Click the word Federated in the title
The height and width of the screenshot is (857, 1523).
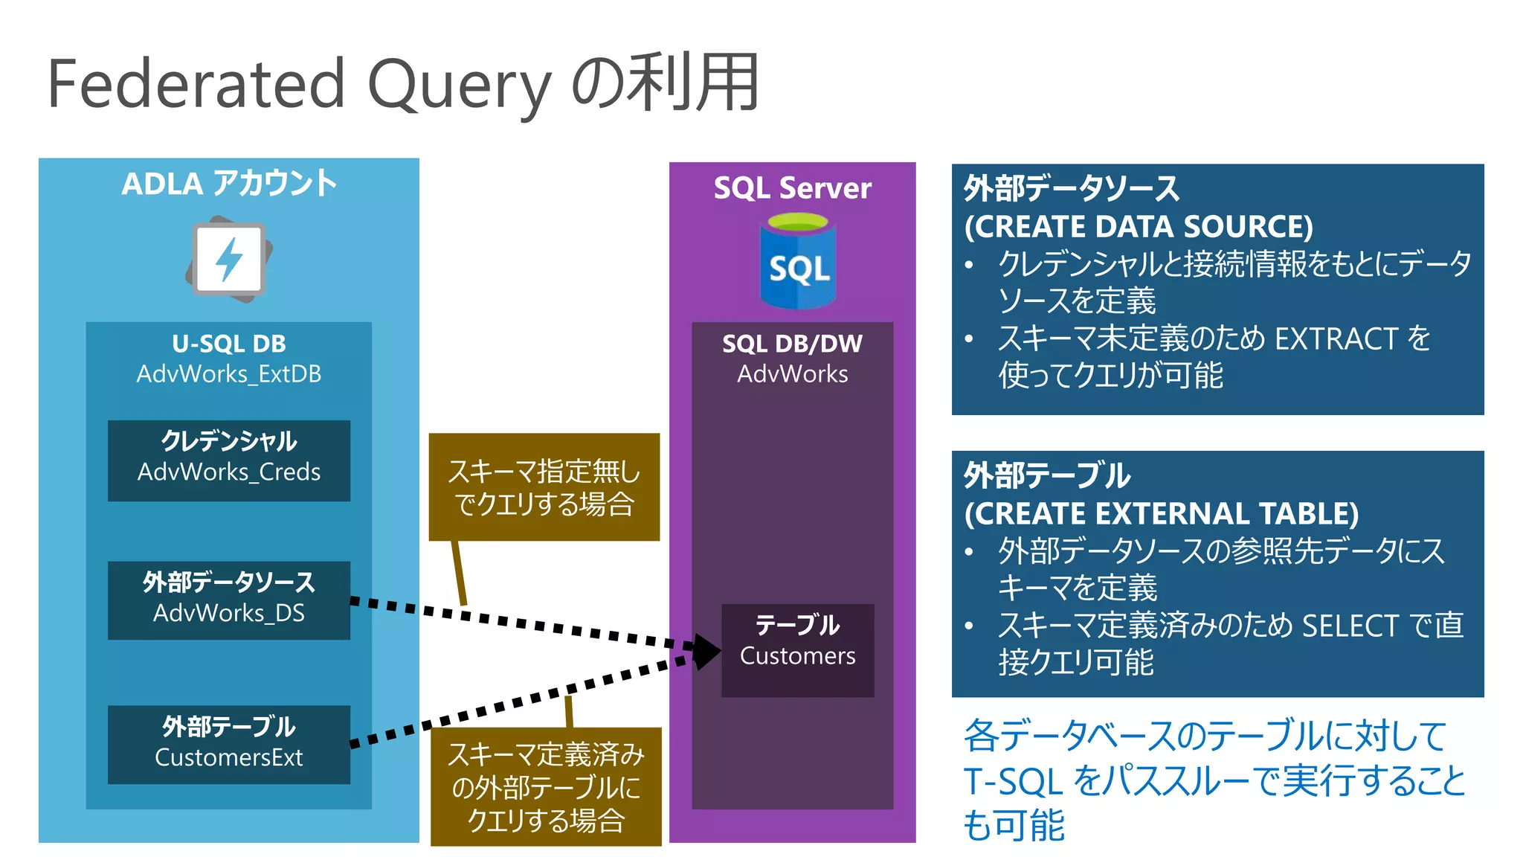point(196,83)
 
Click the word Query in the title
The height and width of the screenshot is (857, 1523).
point(459,86)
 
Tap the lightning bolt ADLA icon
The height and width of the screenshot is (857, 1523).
point(229,260)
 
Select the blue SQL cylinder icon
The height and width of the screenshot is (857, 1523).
point(797,262)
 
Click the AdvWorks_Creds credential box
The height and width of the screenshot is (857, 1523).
point(229,460)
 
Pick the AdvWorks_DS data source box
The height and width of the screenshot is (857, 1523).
point(229,600)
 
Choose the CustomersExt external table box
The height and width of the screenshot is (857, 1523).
point(229,744)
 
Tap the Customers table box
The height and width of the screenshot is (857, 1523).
point(797,649)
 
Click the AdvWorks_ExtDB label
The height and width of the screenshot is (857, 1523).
point(229,373)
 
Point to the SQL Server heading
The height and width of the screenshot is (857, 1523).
point(792,188)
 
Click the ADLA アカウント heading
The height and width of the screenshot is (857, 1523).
point(229,184)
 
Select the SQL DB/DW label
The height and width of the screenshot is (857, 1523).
point(792,344)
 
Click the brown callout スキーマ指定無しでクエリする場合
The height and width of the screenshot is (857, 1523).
point(544,487)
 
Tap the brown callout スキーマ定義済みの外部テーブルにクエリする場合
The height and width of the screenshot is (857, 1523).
point(546,786)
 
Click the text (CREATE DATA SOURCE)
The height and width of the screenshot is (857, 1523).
point(1139,226)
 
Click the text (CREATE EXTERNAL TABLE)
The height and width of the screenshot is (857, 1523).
point(1161,513)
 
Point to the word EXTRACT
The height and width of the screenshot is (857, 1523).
point(1336,339)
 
